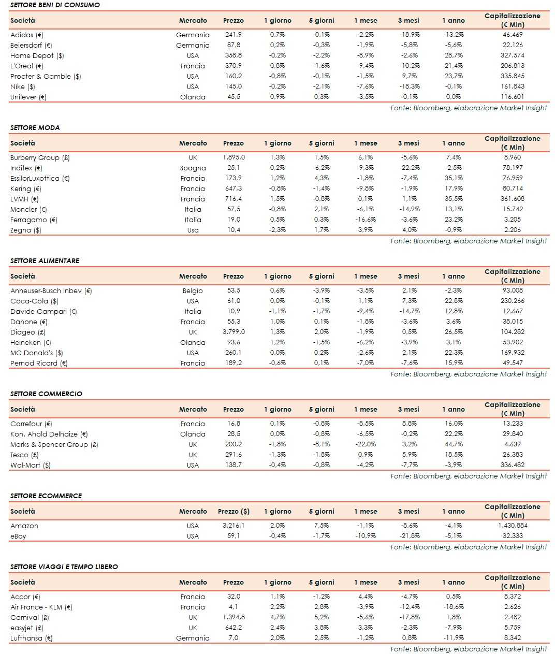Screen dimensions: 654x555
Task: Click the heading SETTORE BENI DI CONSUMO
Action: (55, 5)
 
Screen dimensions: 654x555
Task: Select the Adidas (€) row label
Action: (27, 35)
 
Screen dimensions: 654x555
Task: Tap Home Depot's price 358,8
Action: (233, 55)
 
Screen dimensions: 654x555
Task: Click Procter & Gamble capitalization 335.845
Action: (512, 76)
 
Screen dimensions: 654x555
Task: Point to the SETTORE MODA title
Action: (35, 127)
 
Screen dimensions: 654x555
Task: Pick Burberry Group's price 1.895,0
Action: (233, 157)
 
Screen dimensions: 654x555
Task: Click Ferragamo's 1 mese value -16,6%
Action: (365, 220)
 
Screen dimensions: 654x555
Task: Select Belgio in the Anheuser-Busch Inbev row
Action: (193, 290)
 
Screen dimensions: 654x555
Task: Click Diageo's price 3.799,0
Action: (233, 332)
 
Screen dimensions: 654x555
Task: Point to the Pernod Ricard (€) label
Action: (39, 363)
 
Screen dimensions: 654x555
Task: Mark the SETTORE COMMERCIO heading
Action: (46, 394)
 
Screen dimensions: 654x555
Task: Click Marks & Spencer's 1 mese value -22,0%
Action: (365, 444)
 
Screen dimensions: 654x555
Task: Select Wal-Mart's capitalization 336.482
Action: (512, 465)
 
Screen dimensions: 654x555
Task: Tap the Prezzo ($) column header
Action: (233, 511)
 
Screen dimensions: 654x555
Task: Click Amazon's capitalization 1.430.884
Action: (512, 526)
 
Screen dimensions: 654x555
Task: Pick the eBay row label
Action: (18, 536)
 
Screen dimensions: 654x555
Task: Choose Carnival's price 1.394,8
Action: (233, 617)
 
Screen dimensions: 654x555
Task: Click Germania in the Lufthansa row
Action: (193, 638)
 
